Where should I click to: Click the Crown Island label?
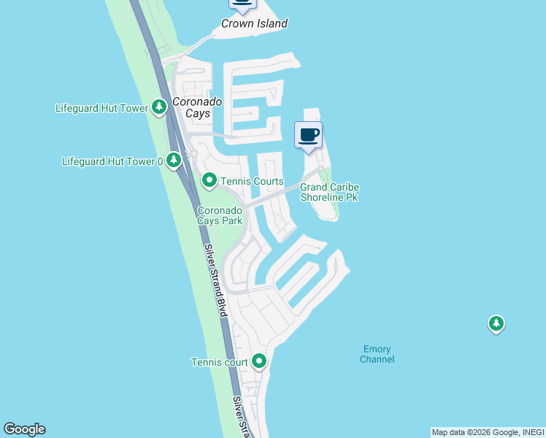point(254,23)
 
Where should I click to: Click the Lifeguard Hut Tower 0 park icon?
point(173,160)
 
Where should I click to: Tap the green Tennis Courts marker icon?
point(209,180)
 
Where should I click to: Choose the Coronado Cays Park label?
point(220,216)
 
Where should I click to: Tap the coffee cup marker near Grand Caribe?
point(308,135)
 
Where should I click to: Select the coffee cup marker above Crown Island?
point(242,3)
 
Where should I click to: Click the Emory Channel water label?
point(377,354)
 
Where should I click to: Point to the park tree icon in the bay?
point(496,323)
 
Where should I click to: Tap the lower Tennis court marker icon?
point(259,361)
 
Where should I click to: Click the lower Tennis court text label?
point(219,362)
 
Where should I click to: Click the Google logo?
point(24,429)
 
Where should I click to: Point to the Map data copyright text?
point(488,432)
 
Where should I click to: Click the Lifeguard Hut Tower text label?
point(101,108)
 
